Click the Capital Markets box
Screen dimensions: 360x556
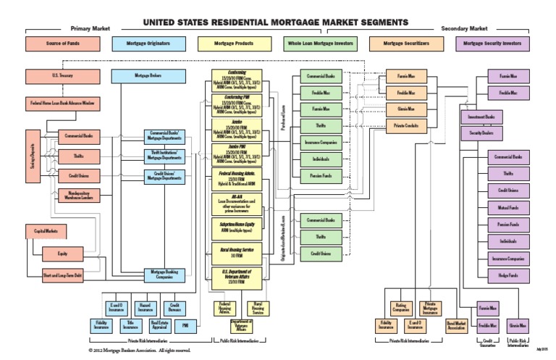(x=46, y=232)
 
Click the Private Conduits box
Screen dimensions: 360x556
(x=406, y=127)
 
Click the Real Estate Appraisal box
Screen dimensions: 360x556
(x=159, y=325)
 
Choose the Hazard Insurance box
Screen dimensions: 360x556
(x=144, y=307)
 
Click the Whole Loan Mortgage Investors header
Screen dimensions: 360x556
(x=322, y=44)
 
